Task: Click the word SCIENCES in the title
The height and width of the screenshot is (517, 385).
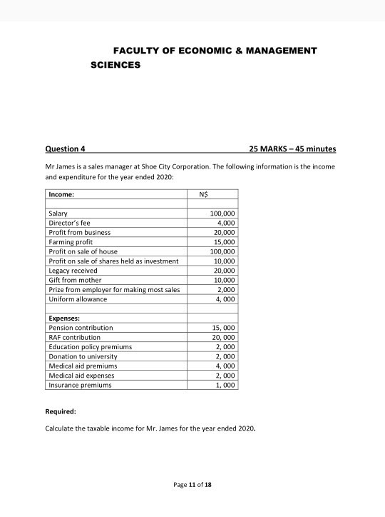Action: pyautogui.click(x=116, y=64)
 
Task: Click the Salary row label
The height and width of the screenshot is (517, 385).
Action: pyautogui.click(x=58, y=214)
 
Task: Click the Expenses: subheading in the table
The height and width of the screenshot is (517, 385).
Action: pyautogui.click(x=64, y=318)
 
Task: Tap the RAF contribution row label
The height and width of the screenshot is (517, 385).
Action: pyautogui.click(x=74, y=337)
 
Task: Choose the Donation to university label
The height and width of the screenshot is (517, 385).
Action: pyautogui.click(x=82, y=356)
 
